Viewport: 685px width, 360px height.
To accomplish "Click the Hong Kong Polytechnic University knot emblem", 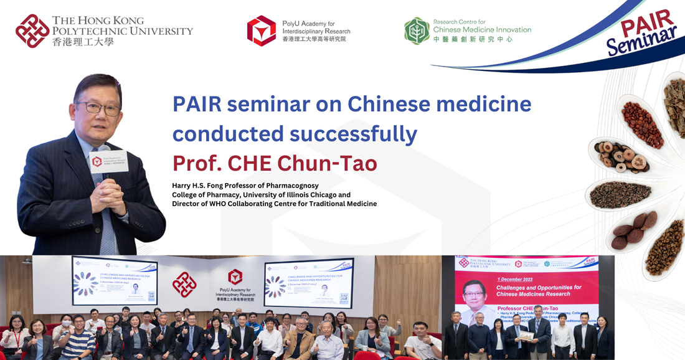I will click(32, 31).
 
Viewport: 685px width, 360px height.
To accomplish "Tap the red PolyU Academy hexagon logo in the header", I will click(261, 31).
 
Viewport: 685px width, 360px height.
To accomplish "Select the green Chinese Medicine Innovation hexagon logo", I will click(417, 31).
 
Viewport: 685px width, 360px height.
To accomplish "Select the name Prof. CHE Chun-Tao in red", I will click(275, 163).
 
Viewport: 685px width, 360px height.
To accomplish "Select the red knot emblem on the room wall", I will click(184, 284).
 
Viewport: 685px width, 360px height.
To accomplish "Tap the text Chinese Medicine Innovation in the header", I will click(481, 30).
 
